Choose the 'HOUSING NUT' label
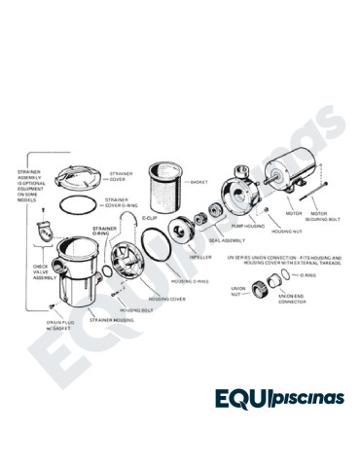(283, 233)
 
